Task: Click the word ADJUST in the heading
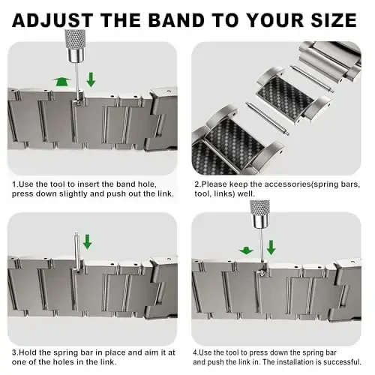pyautogui.click(x=52, y=20)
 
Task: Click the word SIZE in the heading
pyautogui.click(x=334, y=20)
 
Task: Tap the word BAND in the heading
pyautogui.click(x=177, y=20)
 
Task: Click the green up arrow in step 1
pyautogui.click(x=61, y=82)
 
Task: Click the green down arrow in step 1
pyautogui.click(x=91, y=79)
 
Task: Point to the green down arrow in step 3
pyautogui.click(x=87, y=241)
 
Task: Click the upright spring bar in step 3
pyautogui.click(x=77, y=251)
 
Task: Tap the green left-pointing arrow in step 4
pyautogui.click(x=246, y=250)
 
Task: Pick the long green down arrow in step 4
pyautogui.click(x=271, y=247)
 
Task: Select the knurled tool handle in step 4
pyautogui.click(x=261, y=214)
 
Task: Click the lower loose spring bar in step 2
pyautogui.click(x=268, y=118)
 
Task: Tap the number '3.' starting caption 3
pyautogui.click(x=16, y=352)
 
